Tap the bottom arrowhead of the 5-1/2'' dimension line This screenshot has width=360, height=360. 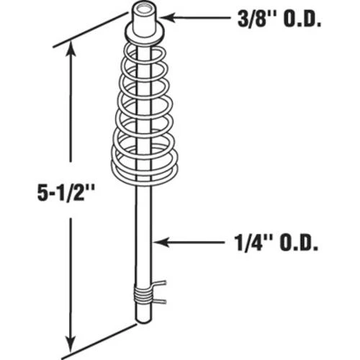[x=71, y=341]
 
